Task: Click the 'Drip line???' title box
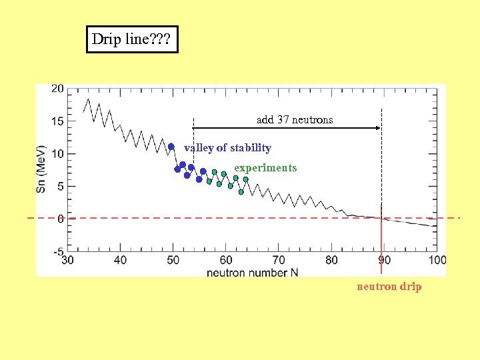coord(132,39)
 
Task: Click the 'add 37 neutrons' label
coord(295,120)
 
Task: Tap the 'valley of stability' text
coord(227,148)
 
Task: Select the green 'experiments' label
coord(265,168)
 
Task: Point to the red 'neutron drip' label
coord(389,287)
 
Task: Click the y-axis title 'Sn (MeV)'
coord(41,169)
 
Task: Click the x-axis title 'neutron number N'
coord(252,273)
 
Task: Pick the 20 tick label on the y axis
coord(58,89)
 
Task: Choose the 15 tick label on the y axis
coord(58,121)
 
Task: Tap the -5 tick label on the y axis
coord(58,252)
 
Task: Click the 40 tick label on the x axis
coord(120,260)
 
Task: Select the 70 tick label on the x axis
coord(279,260)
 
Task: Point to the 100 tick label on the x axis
coord(437,260)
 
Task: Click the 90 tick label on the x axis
coord(385,260)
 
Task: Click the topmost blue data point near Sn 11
coord(171,147)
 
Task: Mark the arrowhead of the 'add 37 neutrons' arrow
coord(378,127)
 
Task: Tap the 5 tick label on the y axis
coord(61,187)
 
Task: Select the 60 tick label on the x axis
coord(226,260)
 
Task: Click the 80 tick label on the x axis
coord(331,260)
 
